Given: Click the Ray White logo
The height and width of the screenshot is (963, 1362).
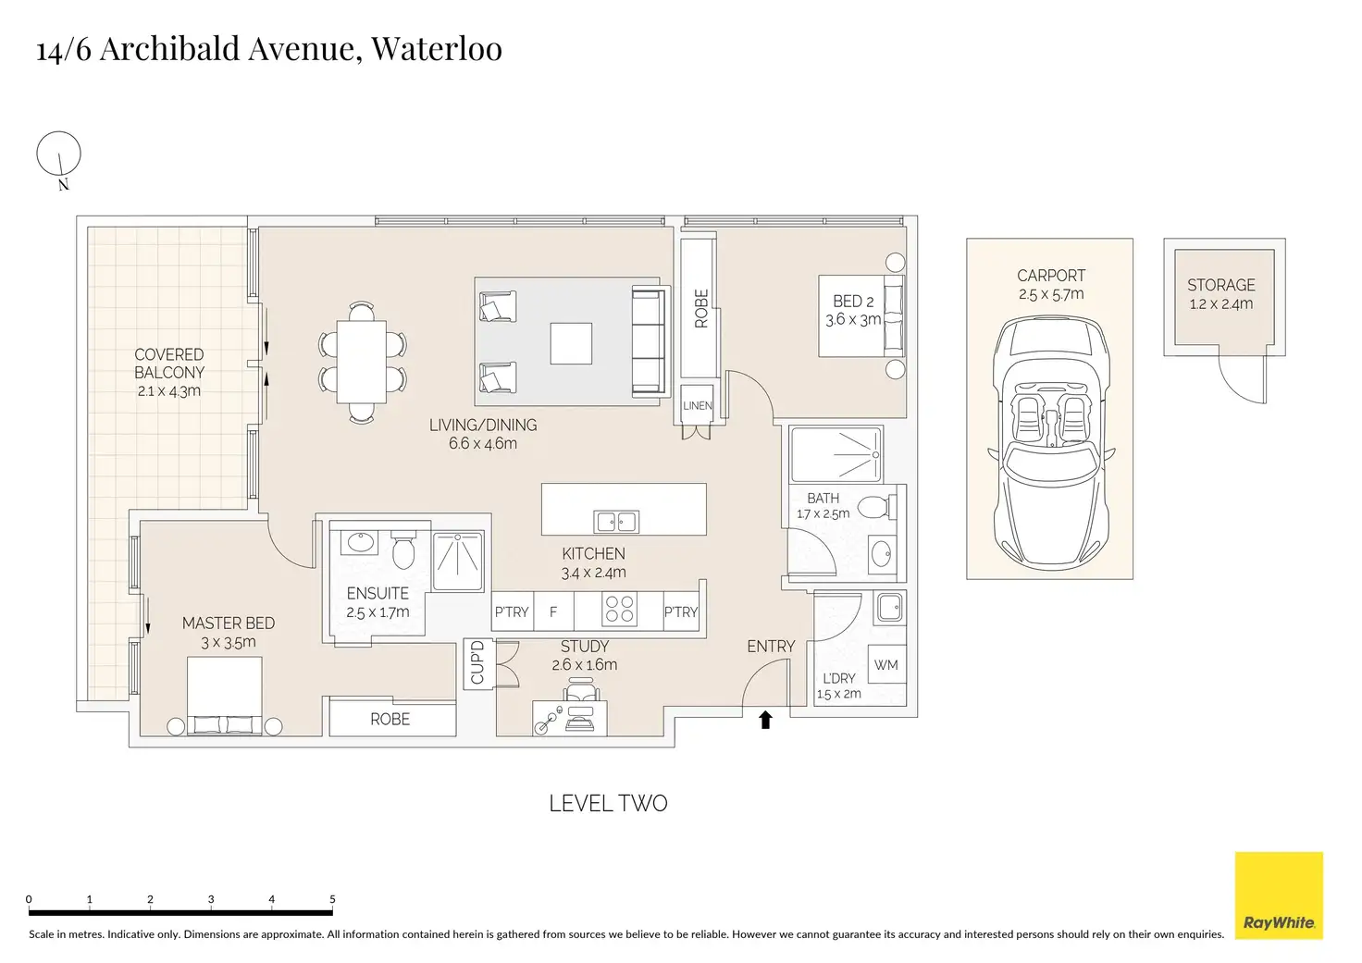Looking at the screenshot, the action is pyautogui.click(x=1279, y=895).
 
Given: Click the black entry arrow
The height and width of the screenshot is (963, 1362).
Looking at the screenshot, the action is pyautogui.click(x=765, y=720).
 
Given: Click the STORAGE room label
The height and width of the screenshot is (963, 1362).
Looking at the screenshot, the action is pyautogui.click(x=1220, y=286).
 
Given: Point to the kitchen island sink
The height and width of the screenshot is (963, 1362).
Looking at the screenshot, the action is pyautogui.click(x=616, y=522).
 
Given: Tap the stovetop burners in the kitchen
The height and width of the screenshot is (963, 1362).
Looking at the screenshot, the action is pyautogui.click(x=619, y=610).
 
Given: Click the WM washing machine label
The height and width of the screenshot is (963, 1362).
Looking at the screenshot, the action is pyautogui.click(x=885, y=665).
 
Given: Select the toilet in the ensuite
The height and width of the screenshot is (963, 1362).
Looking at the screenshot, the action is pyautogui.click(x=402, y=551).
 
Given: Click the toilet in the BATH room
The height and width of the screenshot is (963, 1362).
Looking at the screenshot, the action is pyautogui.click(x=874, y=508).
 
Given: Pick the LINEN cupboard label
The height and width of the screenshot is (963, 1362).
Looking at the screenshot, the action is pyautogui.click(x=698, y=406).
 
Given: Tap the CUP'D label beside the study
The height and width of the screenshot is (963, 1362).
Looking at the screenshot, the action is pyautogui.click(x=477, y=662).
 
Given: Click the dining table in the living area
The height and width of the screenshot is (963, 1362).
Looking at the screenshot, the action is pyautogui.click(x=362, y=361).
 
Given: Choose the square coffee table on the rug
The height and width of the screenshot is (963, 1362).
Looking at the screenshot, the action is pyautogui.click(x=570, y=342).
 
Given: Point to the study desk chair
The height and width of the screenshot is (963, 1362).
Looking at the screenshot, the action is pyautogui.click(x=580, y=692).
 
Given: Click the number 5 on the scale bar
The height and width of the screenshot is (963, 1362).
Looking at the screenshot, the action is pyautogui.click(x=332, y=899).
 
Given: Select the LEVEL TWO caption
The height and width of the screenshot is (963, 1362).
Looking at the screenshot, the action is pyautogui.click(x=608, y=803).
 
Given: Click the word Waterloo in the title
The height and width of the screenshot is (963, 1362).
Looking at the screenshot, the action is pyautogui.click(x=437, y=48).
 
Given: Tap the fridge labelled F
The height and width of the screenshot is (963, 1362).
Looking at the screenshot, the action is pyautogui.click(x=553, y=611).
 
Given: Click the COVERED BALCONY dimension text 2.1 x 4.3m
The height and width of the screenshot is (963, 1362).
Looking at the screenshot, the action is pyautogui.click(x=168, y=391).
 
